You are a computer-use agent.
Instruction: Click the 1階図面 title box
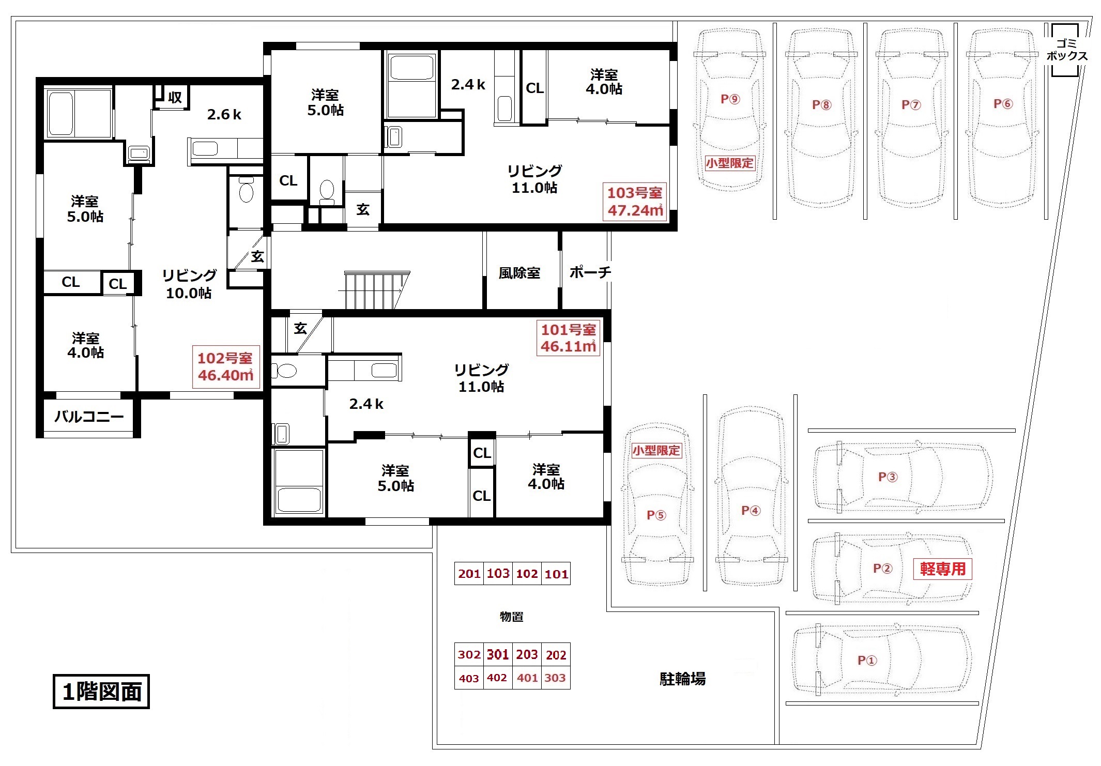[x=101, y=692]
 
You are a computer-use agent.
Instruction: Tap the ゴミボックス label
[x=1066, y=50]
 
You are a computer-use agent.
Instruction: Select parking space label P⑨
[x=730, y=99]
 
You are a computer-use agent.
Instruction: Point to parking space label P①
[x=867, y=660]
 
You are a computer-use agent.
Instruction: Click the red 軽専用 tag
[x=942, y=569]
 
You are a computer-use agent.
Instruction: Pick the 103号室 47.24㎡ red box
[x=634, y=202]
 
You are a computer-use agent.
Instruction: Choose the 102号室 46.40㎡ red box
[x=225, y=366]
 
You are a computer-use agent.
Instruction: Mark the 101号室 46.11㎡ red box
[x=568, y=338]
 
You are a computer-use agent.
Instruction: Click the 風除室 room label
[x=519, y=273]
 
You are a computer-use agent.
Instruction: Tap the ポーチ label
[x=590, y=272]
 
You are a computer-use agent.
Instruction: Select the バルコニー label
[x=89, y=417]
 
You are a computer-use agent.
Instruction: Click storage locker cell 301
[x=498, y=654]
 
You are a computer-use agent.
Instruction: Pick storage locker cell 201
[x=469, y=574]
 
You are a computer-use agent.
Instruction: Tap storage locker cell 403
[x=469, y=678]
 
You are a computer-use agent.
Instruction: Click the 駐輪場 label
[x=682, y=679]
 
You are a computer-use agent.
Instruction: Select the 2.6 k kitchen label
[x=224, y=114]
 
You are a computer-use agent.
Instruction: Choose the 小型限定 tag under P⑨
[x=730, y=163]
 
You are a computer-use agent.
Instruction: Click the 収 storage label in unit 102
[x=175, y=97]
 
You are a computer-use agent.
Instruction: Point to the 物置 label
[x=511, y=617]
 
